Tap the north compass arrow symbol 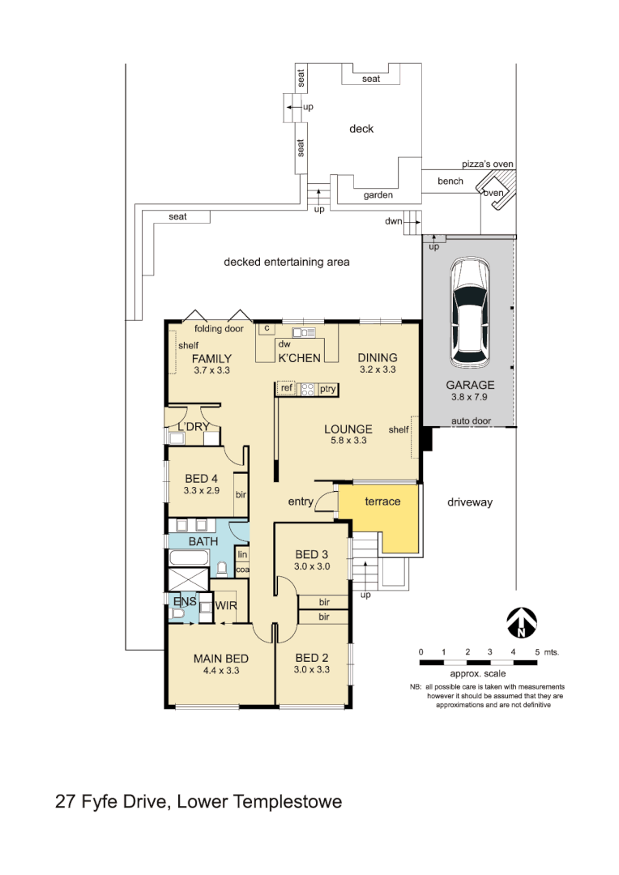(x=522, y=623)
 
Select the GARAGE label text (x=470, y=385)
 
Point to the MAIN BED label (x=220, y=658)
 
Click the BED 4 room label (x=201, y=478)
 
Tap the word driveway (x=470, y=502)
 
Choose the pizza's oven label (x=488, y=164)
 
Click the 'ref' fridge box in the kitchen (x=286, y=389)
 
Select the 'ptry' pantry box (x=327, y=389)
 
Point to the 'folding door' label (x=219, y=329)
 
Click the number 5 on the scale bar (x=536, y=652)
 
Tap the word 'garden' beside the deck (x=378, y=195)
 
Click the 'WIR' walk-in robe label (x=224, y=604)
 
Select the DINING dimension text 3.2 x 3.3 (x=378, y=369)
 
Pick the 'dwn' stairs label (x=394, y=220)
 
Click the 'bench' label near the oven (x=450, y=181)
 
